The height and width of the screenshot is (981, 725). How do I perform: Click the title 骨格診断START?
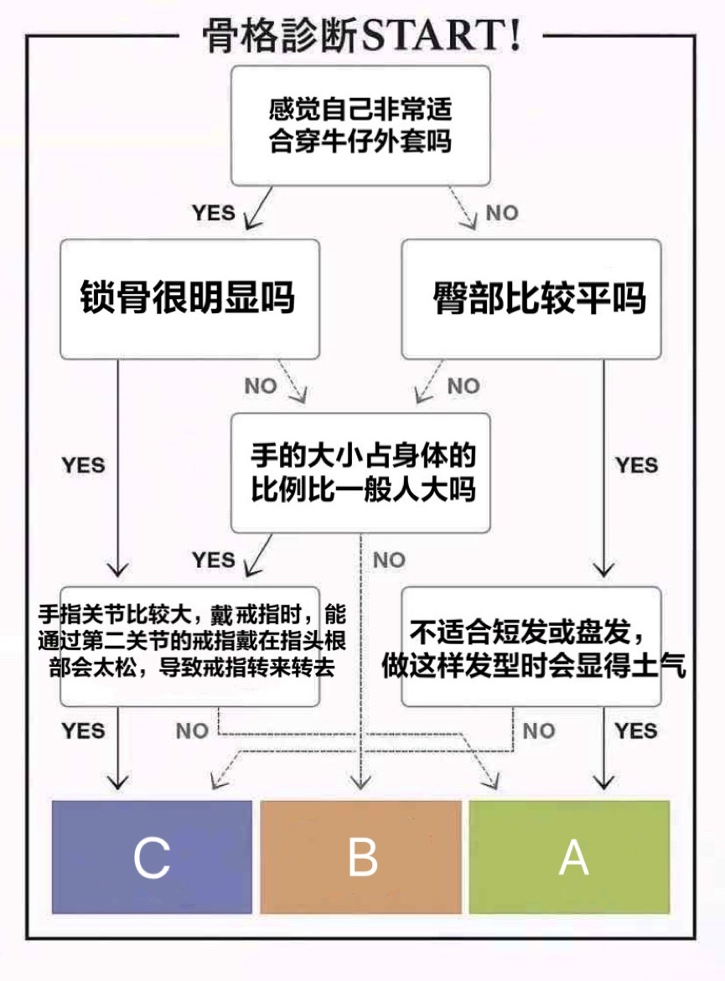pyautogui.click(x=362, y=37)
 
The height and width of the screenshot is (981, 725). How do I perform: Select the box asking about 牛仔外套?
pyautogui.click(x=360, y=126)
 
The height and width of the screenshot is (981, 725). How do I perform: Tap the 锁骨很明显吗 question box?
pyautogui.click(x=189, y=298)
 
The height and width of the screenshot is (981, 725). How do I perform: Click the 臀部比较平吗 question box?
pyautogui.click(x=531, y=298)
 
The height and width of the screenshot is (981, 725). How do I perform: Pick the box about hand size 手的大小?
pyautogui.click(x=360, y=472)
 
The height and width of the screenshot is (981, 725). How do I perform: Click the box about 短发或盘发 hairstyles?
pyautogui.click(x=531, y=645)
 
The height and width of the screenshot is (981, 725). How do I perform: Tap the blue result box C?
pyautogui.click(x=152, y=856)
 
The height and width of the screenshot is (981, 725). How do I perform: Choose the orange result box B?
pyautogui.click(x=361, y=856)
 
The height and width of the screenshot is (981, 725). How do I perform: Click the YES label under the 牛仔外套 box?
pyautogui.click(x=213, y=213)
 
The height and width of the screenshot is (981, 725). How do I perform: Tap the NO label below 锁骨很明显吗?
pyautogui.click(x=261, y=386)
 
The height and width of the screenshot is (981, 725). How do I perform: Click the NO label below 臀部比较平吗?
pyautogui.click(x=463, y=386)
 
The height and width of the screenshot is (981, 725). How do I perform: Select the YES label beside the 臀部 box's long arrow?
pyautogui.click(x=637, y=465)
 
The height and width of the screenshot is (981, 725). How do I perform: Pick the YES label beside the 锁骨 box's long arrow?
pyautogui.click(x=83, y=465)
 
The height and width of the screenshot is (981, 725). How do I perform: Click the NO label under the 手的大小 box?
pyautogui.click(x=389, y=560)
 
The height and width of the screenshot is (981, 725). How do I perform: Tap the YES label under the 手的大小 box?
pyautogui.click(x=213, y=560)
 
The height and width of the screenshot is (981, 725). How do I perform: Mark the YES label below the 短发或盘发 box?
pyautogui.click(x=636, y=731)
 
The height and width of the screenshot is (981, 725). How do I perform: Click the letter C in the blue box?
pyautogui.click(x=152, y=857)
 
